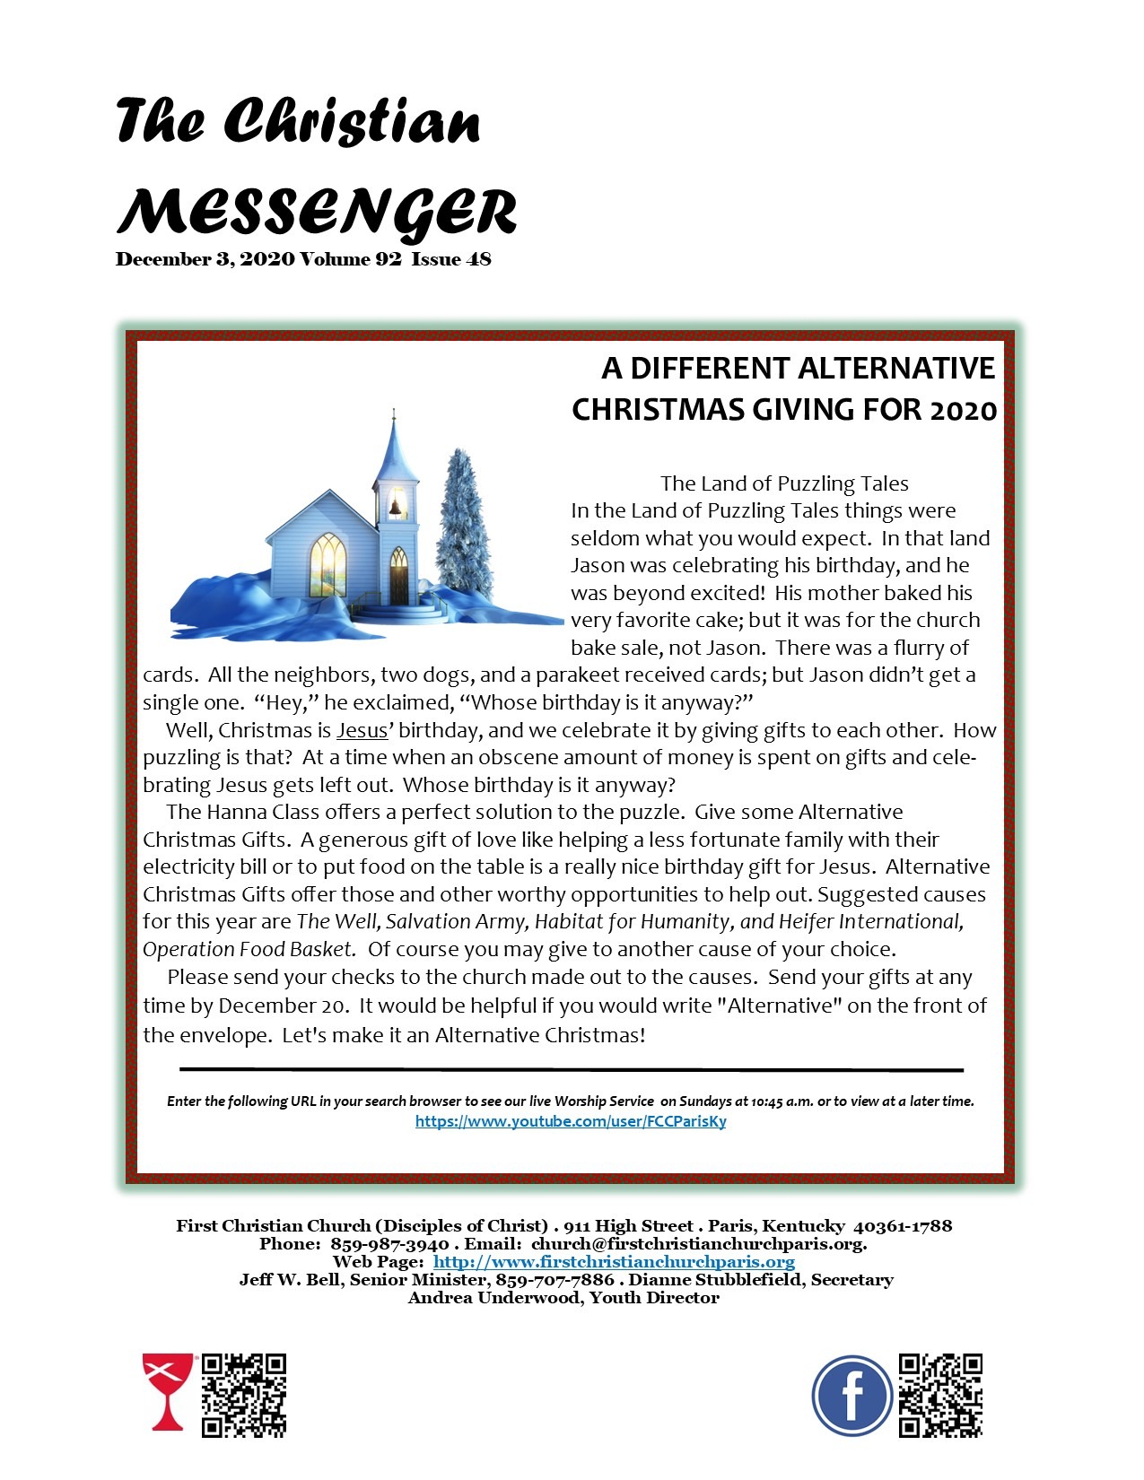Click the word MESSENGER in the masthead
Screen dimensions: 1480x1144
(316, 213)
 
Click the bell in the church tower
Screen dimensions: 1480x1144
(394, 508)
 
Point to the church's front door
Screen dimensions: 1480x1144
(398, 578)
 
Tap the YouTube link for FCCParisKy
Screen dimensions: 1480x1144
(571, 1121)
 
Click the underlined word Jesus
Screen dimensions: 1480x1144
(362, 730)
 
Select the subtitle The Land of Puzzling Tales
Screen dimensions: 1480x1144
(784, 483)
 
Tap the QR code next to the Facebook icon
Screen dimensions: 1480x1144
(940, 1396)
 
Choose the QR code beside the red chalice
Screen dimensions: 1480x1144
(243, 1396)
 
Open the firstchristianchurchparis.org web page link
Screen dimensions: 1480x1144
(614, 1262)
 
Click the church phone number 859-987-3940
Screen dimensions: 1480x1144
(389, 1244)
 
